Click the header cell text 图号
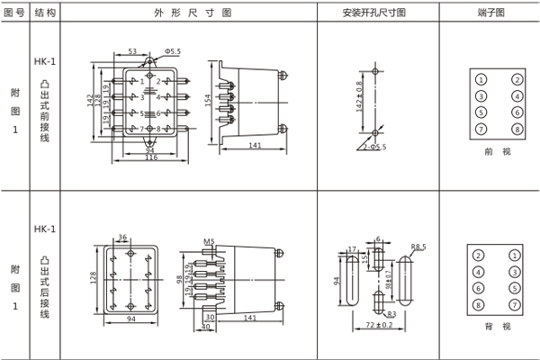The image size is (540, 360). (x=13, y=13)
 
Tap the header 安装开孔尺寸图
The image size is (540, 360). (x=373, y=13)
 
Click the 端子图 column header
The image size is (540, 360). (x=492, y=13)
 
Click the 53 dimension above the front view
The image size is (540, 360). (x=132, y=52)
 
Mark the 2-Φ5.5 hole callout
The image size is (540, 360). (x=376, y=147)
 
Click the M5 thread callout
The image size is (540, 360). (x=209, y=242)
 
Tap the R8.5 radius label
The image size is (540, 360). (x=418, y=245)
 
